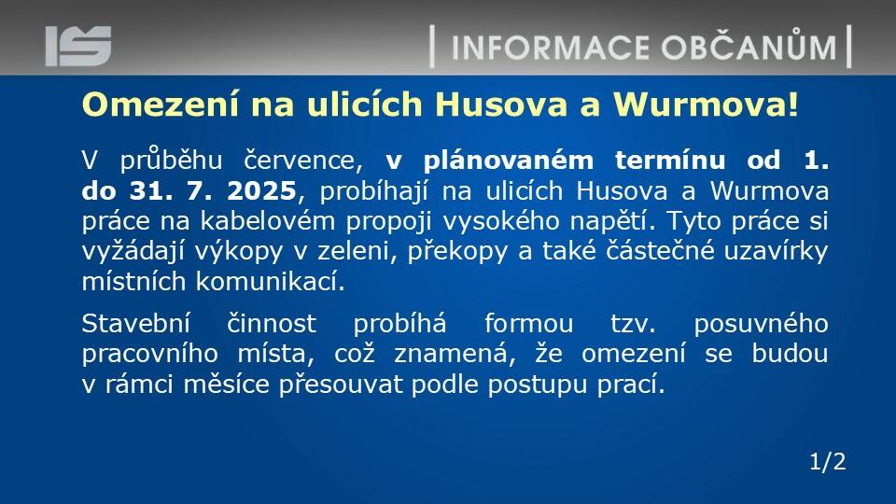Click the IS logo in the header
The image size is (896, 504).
point(78,46)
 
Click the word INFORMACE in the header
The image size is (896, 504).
point(551,48)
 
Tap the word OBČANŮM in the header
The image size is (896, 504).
point(749,46)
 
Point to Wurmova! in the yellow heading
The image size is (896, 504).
point(706,105)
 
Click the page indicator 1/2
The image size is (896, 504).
point(828,461)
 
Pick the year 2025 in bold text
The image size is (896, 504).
point(261,190)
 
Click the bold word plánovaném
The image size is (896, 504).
point(509,161)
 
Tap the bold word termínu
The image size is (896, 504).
point(670,160)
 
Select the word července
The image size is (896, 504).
point(303,161)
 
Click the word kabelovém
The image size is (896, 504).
point(268,221)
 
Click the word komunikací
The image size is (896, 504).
point(271,282)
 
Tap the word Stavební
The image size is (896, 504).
point(135,324)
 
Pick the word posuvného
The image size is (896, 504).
point(762,325)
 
